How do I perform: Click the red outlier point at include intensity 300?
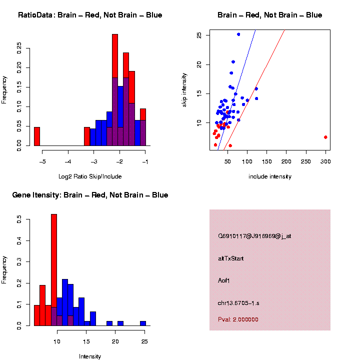(325, 137)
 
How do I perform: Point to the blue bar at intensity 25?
(143, 323)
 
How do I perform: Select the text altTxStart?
(230, 258)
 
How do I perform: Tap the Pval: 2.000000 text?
(238, 319)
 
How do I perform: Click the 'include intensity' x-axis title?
(270, 176)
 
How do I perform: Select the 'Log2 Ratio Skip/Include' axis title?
(90, 176)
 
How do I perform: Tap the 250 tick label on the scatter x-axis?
(306, 162)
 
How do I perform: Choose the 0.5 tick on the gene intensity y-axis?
(19, 218)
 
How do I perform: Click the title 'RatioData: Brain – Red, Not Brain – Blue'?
(90, 15)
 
